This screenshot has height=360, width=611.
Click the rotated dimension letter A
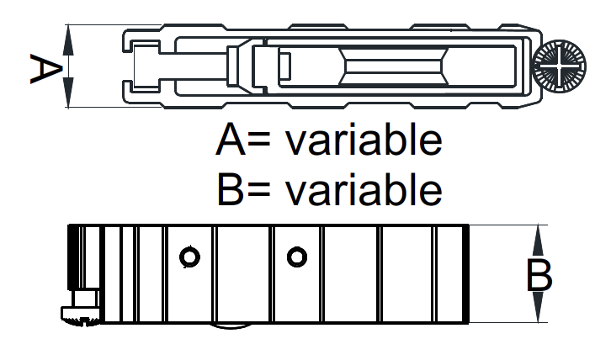46,69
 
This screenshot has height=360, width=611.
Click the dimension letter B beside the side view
539,276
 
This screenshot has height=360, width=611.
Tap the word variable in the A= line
364,140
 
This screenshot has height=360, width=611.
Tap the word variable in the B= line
364,189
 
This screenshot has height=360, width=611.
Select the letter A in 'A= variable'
231,140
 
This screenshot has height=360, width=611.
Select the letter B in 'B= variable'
230,190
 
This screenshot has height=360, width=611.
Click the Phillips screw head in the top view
559,66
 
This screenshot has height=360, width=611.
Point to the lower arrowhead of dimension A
68,92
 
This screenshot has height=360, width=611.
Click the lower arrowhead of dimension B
538,307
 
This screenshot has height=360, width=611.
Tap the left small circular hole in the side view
189,257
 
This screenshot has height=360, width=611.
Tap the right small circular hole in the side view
297,257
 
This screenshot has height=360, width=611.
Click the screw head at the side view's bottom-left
81,315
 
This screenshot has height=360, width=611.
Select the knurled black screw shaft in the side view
74,257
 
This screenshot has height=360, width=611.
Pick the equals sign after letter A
258,140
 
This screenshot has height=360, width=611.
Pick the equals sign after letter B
258,190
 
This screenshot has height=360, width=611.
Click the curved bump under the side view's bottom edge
231,326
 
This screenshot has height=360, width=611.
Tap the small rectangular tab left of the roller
284,66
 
